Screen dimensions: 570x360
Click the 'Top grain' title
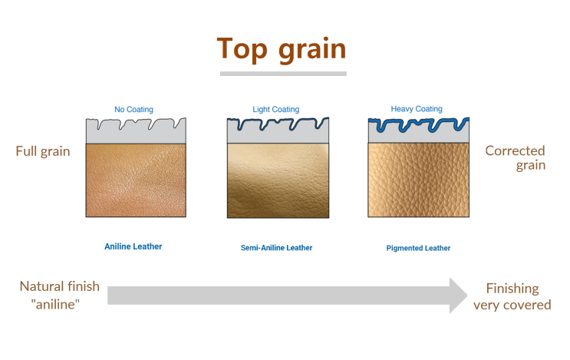click(x=282, y=49)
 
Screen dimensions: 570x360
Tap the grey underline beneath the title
click(x=283, y=74)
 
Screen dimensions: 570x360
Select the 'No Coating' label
click(x=133, y=110)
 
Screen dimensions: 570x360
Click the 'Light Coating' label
click(x=276, y=110)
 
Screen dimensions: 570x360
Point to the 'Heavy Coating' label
click(x=417, y=109)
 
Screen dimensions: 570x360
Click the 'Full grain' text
click(x=43, y=151)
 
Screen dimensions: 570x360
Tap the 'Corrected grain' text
click(x=516, y=157)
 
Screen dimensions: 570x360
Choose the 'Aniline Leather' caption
click(x=133, y=246)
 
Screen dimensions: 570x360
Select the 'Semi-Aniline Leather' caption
click(x=276, y=248)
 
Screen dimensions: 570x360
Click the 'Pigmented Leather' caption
click(x=418, y=248)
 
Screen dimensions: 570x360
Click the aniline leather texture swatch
click(x=136, y=180)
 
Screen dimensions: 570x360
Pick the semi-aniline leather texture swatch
click(x=278, y=180)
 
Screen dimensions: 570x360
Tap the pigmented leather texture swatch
click(x=418, y=180)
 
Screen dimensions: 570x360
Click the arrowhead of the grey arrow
click(x=458, y=296)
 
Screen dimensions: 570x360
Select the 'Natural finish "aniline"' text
click(x=59, y=295)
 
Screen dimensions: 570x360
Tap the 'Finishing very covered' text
click(x=512, y=297)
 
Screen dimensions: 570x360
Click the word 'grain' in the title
click(x=312, y=50)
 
